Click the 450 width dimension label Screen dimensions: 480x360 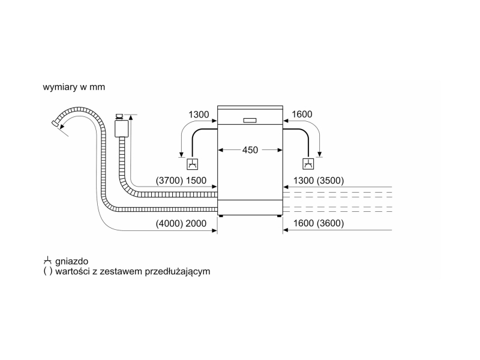click(x=250, y=150)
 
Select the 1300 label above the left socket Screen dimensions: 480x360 click(x=199, y=115)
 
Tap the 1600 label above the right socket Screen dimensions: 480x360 click(x=302, y=114)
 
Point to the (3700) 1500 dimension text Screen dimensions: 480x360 click(x=181, y=181)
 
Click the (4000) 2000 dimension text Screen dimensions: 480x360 click(x=181, y=223)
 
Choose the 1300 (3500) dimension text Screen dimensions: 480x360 click(x=319, y=181)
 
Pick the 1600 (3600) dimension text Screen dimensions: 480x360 click(x=319, y=223)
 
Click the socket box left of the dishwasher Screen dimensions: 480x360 click(x=192, y=164)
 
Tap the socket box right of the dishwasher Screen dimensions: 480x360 click(x=308, y=164)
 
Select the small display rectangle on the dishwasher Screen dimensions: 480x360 click(x=250, y=121)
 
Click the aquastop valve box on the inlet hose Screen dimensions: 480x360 click(x=122, y=128)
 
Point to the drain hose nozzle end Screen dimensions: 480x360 click(x=55, y=123)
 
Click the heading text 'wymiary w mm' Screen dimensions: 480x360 click(x=74, y=87)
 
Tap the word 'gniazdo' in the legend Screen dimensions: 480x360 click(x=71, y=262)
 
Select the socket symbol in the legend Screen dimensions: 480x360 click(x=47, y=261)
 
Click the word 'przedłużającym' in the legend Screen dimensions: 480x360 click(x=178, y=272)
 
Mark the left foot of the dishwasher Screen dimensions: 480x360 click(x=221, y=216)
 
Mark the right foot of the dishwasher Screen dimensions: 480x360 click(x=279, y=216)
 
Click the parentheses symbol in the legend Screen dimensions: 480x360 click(x=48, y=271)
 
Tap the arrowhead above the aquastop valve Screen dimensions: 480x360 click(x=131, y=117)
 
